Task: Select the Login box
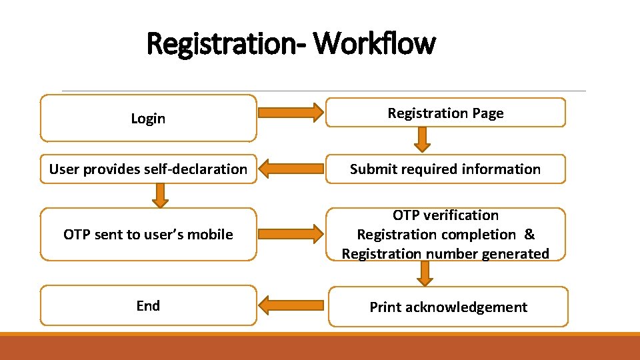[148, 119]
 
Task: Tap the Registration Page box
[445, 113]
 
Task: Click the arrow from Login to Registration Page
[290, 113]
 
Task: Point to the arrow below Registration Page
[422, 139]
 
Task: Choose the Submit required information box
[445, 169]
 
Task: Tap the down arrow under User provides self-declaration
[159, 195]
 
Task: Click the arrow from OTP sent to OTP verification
[290, 234]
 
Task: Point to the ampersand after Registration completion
[529, 235]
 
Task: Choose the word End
[148, 306]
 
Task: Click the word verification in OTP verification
[461, 215]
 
